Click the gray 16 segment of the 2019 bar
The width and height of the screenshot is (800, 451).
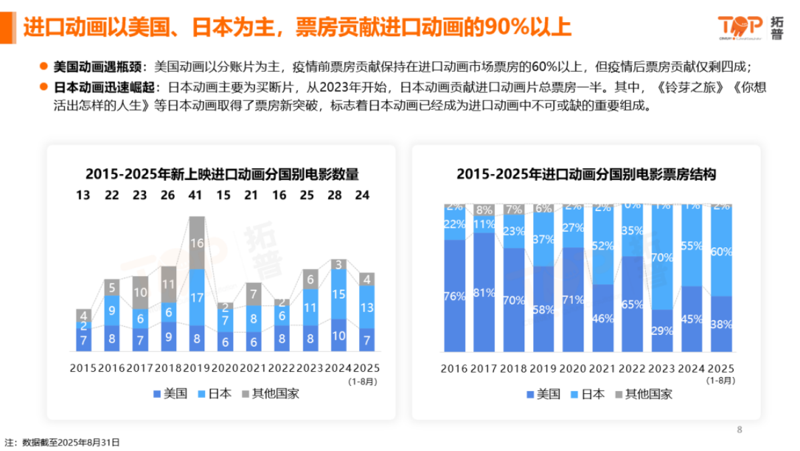tap(196, 243)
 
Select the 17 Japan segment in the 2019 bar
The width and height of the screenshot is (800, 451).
tap(196, 297)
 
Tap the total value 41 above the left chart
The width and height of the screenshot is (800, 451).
tap(196, 195)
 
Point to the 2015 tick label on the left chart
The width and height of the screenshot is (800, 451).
tap(83, 368)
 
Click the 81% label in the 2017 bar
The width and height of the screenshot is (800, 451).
tap(483, 292)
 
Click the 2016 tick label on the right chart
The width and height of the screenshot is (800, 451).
tap(454, 369)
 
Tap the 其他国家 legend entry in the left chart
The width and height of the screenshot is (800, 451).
tap(270, 394)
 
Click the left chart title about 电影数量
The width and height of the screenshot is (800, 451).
tap(222, 175)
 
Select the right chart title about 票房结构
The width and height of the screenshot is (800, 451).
tap(586, 175)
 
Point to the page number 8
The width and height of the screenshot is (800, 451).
tap(739, 429)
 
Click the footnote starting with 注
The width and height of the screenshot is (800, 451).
tap(62, 443)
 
